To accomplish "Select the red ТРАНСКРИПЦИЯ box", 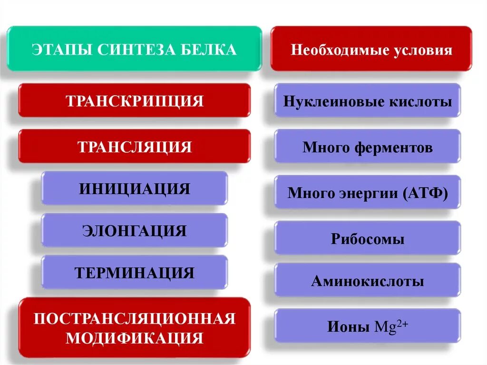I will point(135,101).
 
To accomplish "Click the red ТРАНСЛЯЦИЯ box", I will point(135,147).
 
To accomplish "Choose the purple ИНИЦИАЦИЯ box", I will point(135,189).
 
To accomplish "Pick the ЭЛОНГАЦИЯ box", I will point(135,231).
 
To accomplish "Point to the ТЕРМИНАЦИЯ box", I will point(135,273).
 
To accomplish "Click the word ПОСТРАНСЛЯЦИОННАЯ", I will point(135,318).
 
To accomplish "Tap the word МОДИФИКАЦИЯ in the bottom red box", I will point(135,338).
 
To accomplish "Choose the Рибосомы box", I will point(368,238).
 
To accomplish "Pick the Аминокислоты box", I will point(368,281).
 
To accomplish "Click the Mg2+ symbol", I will point(392,327).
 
